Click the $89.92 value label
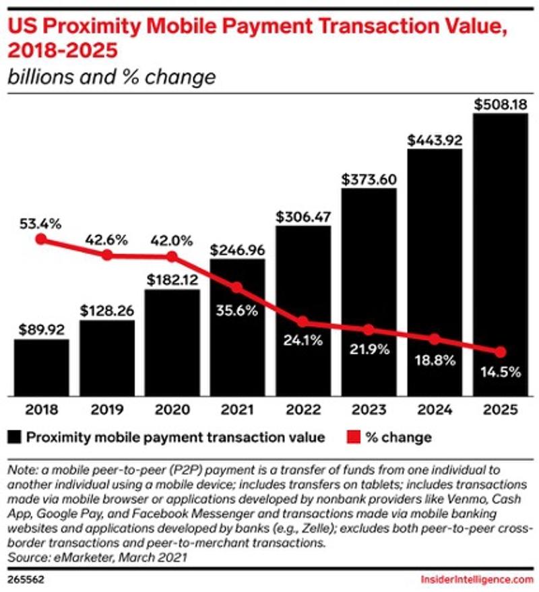coord(41,329)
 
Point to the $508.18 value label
coord(499,104)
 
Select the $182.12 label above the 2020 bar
coord(172,279)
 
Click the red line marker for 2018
coord(42,239)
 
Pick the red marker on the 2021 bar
coord(237,288)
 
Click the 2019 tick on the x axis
coord(106,409)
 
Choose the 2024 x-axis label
coord(434,409)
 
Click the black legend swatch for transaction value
coord(14,437)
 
